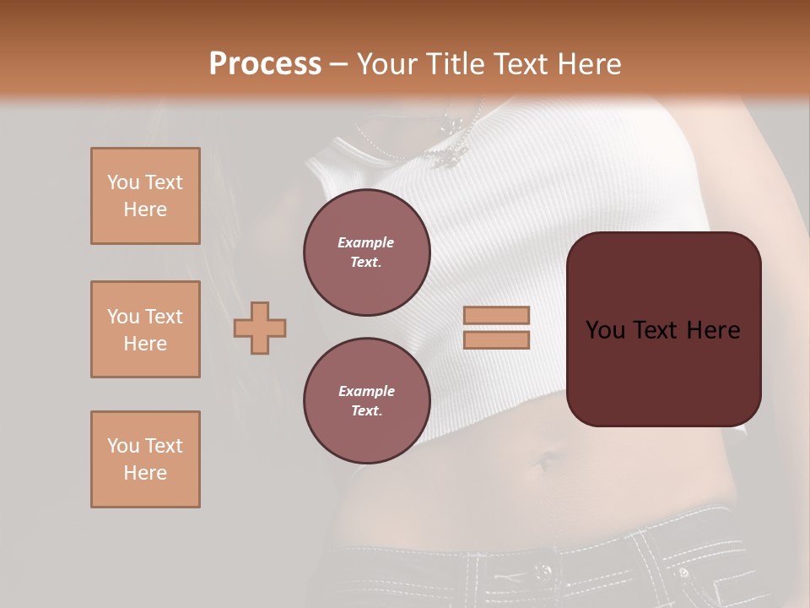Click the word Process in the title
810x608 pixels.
(265, 64)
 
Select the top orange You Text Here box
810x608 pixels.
(145, 196)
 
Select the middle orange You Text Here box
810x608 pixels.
(145, 329)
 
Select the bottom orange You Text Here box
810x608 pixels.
(145, 459)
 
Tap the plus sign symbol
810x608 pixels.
(260, 328)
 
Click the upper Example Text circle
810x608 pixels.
(367, 252)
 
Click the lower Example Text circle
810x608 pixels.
(367, 401)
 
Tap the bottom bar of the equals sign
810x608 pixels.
(496, 340)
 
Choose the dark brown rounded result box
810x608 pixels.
(663, 329)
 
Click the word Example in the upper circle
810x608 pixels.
(366, 243)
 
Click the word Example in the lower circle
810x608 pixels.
(366, 392)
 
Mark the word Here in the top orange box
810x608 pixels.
(145, 209)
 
